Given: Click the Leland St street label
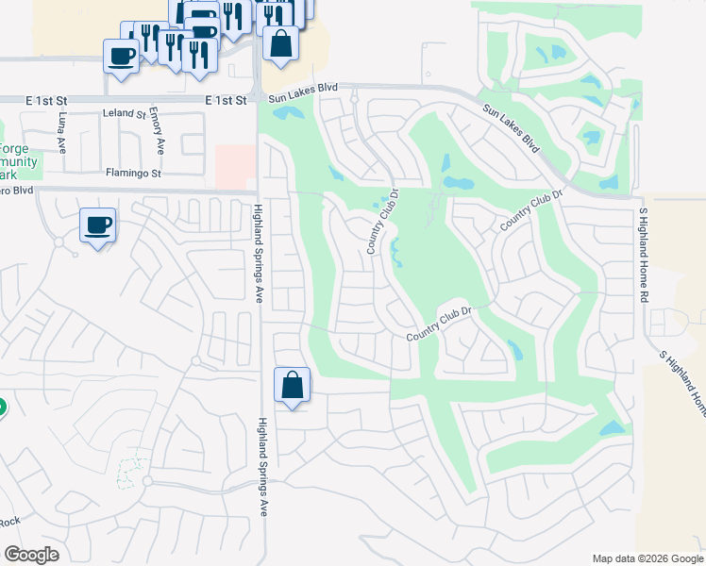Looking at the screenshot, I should point(125,113).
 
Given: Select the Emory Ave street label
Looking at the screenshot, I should point(160,133).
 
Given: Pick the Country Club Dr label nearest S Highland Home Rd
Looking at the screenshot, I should point(531,209).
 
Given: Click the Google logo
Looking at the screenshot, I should point(31,555).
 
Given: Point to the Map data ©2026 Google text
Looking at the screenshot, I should point(647,558).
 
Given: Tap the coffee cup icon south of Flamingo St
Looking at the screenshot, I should point(97,225).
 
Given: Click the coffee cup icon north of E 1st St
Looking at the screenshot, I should point(121,57).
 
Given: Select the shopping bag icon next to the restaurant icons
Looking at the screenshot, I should point(280,43).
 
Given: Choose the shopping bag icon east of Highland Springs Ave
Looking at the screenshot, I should point(293,385).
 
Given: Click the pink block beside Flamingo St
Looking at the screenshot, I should point(235,166).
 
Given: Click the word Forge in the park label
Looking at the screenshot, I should point(13,148).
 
